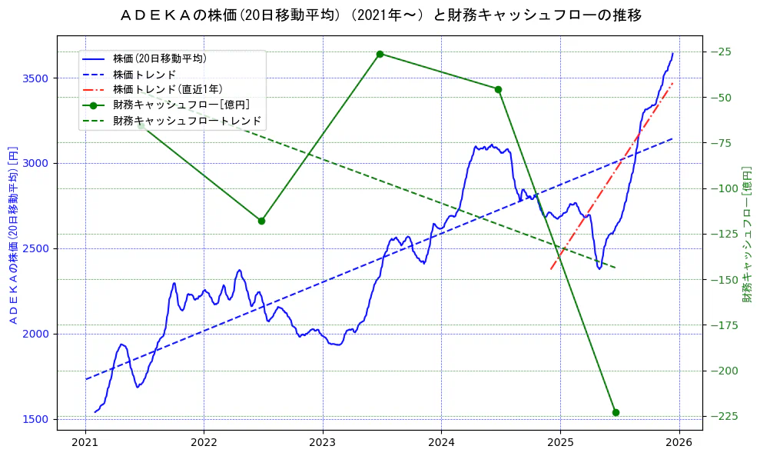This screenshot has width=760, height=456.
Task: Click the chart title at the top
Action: tap(380, 15)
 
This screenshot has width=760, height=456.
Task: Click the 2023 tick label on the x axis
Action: tap(323, 444)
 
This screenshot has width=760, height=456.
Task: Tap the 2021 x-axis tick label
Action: tap(85, 444)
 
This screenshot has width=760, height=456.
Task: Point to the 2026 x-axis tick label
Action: tap(679, 444)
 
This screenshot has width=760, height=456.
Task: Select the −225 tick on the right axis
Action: tap(723, 416)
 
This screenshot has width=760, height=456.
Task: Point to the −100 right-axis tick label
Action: tap(723, 188)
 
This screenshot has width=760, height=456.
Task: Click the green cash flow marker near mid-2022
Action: tap(261, 221)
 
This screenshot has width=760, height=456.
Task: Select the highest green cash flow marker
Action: tap(380, 54)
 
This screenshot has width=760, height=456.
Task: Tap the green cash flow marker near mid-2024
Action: tap(498, 89)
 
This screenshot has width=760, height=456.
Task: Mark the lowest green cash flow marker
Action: tap(616, 412)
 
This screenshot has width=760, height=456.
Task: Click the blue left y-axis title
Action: tap(12, 234)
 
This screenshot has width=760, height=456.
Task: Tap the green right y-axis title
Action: tap(746, 234)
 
